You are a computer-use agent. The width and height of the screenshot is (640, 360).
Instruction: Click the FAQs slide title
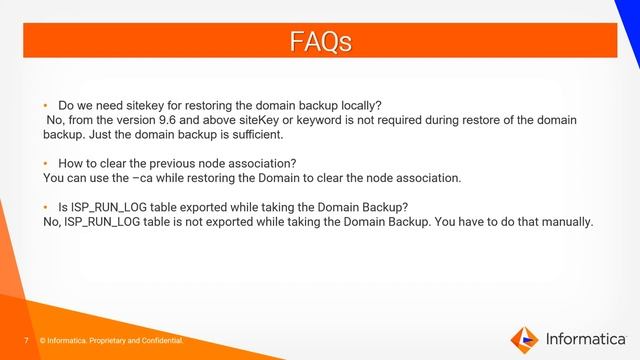click(x=320, y=41)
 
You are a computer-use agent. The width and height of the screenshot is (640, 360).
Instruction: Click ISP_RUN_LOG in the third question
click(x=109, y=207)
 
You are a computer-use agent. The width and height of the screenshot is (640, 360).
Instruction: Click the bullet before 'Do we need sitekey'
click(x=46, y=105)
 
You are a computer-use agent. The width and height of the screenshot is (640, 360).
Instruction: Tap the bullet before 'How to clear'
click(x=46, y=163)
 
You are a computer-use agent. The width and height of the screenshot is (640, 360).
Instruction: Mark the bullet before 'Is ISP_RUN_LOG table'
click(x=46, y=207)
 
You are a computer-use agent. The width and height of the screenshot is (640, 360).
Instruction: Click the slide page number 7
click(x=27, y=342)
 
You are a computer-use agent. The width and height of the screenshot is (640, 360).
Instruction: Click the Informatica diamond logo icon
click(x=524, y=338)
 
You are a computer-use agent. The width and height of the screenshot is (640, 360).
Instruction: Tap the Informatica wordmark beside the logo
click(x=584, y=338)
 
